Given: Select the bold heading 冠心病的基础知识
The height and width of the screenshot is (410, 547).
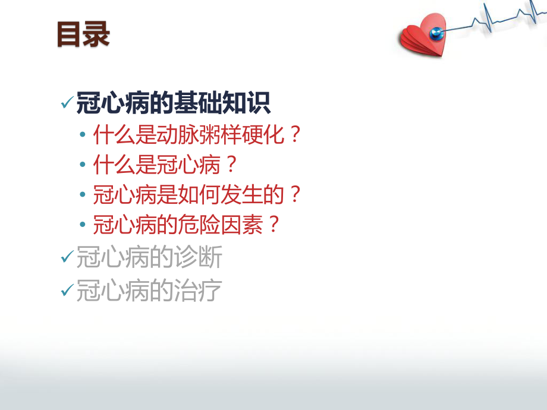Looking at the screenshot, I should tap(173, 104).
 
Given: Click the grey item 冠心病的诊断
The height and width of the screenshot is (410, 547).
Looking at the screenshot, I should tap(149, 258).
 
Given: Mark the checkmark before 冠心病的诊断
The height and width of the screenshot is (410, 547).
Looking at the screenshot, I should tap(67, 258).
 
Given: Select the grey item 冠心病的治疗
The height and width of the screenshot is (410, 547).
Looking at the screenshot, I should tap(149, 291).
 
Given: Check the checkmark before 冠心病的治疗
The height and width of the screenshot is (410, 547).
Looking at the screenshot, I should tap(67, 291).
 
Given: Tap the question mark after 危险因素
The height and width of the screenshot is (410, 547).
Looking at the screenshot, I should tap(272, 224).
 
